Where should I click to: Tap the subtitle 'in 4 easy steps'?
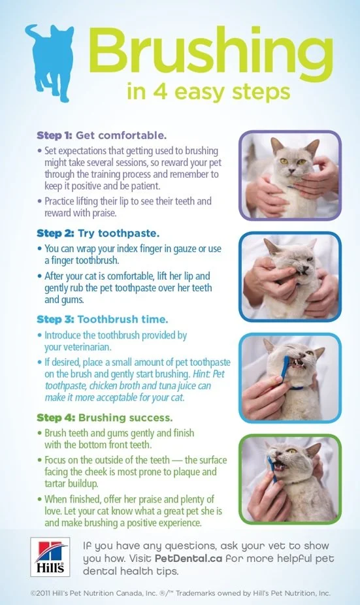[208, 92]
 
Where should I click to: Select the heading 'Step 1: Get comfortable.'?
[101, 135]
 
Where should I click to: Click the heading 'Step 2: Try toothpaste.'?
[98, 233]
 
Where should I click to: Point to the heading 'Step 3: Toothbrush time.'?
[103, 319]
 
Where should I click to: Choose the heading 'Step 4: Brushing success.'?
[105, 418]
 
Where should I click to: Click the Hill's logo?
[50, 557]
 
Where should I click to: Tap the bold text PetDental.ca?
[188, 559]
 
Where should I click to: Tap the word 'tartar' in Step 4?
[55, 483]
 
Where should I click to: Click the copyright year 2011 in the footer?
[44, 593]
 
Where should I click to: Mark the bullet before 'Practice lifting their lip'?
[39, 201]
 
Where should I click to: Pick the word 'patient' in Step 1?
[146, 186]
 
